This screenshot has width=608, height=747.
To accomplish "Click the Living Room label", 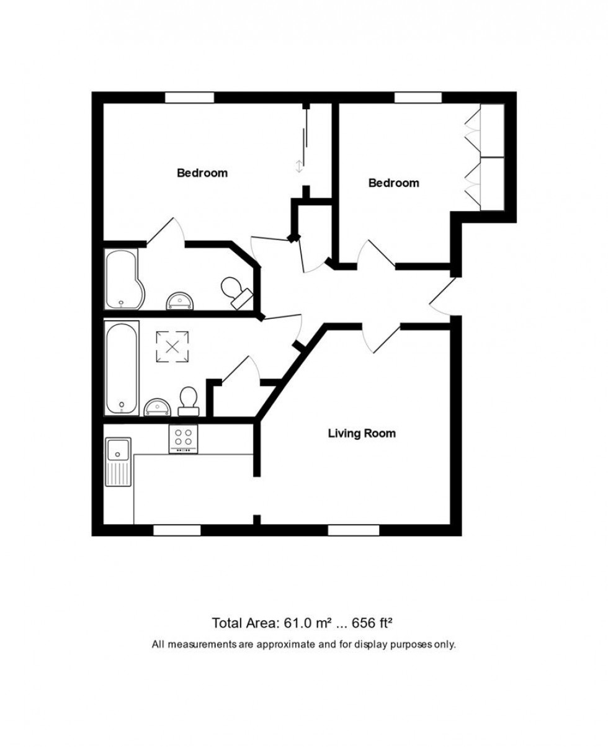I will pos(362,434).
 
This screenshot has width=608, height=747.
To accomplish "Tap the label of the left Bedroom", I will pos(202,173).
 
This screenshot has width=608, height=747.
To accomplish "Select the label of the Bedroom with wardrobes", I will pos(393,183).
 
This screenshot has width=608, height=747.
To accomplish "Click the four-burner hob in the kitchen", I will pos(183,439).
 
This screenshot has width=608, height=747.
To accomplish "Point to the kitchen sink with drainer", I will pos(118,462).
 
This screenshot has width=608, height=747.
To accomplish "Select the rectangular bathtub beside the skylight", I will pos(122,369).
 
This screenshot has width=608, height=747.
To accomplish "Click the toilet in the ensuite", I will pos(235,291).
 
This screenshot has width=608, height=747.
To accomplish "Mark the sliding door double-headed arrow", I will pos(299,166).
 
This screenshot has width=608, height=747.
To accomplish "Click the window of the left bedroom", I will pos(189,97).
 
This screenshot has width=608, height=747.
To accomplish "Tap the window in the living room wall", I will pos(353,530).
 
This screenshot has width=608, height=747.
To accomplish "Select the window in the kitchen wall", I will pos(177,530).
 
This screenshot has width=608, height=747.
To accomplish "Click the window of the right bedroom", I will pos(418,97).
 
